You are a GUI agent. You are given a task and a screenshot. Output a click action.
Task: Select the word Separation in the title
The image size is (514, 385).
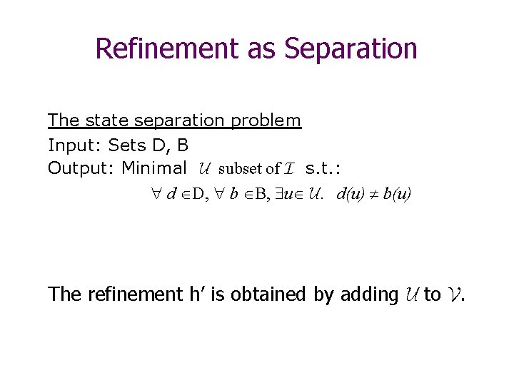(x=350, y=48)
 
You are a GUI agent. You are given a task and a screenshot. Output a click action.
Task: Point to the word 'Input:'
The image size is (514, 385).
(x=75, y=145)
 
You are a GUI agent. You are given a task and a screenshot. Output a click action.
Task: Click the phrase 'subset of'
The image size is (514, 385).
(x=249, y=169)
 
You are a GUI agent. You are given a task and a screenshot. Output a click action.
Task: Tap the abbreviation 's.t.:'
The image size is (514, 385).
(x=323, y=169)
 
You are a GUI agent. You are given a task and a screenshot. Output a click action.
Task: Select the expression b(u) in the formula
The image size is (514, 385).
(x=397, y=193)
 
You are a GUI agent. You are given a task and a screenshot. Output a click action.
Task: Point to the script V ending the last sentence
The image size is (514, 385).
(x=454, y=294)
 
